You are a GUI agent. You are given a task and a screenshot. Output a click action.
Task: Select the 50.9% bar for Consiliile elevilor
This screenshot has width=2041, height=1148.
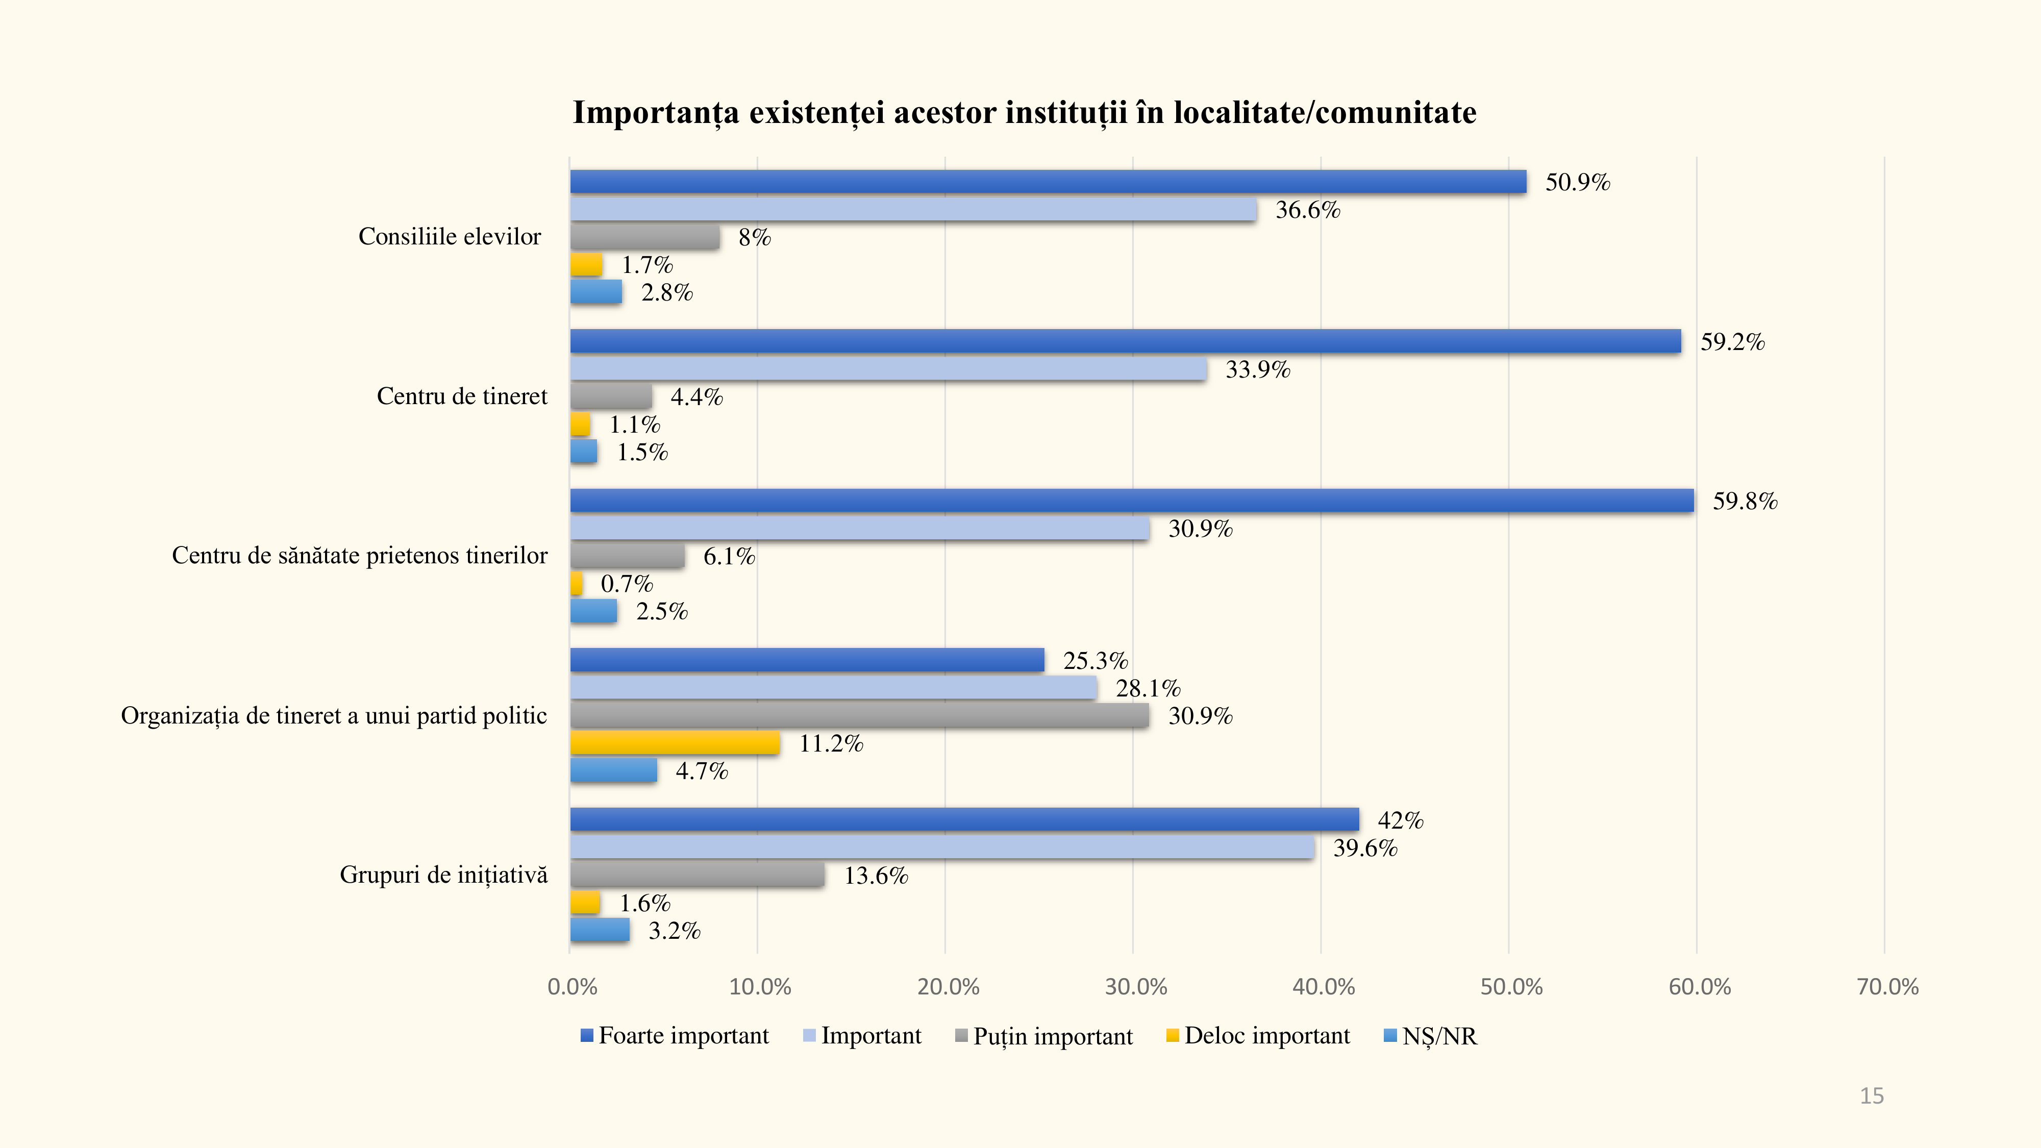click(x=1048, y=182)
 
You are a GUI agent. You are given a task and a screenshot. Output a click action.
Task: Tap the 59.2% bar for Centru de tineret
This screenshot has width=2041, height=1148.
click(x=1125, y=341)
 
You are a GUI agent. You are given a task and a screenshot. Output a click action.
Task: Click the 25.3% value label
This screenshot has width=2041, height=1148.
click(x=1095, y=661)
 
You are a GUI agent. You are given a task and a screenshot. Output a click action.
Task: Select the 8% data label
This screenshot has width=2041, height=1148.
click(x=754, y=238)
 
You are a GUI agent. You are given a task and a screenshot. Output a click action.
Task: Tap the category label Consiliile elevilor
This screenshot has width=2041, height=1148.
click(x=449, y=236)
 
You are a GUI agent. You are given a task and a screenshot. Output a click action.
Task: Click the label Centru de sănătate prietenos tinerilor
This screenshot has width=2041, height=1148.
click(x=359, y=556)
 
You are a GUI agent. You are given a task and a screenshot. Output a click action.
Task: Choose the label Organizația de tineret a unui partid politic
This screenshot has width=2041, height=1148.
click(x=334, y=715)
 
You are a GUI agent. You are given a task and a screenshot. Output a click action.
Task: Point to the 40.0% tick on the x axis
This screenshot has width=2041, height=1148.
click(x=1323, y=987)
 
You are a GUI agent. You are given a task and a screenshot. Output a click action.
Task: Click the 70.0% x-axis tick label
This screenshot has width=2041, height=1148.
click(x=1887, y=987)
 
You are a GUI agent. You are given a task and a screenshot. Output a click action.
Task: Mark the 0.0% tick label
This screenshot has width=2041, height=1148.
click(x=572, y=987)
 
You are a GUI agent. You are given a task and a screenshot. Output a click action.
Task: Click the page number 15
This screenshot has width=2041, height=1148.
click(x=1872, y=1096)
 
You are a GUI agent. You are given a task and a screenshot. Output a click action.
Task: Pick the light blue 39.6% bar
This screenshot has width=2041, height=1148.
click(x=942, y=847)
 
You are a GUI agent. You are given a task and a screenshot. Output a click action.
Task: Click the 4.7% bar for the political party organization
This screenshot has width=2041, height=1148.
click(x=613, y=771)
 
